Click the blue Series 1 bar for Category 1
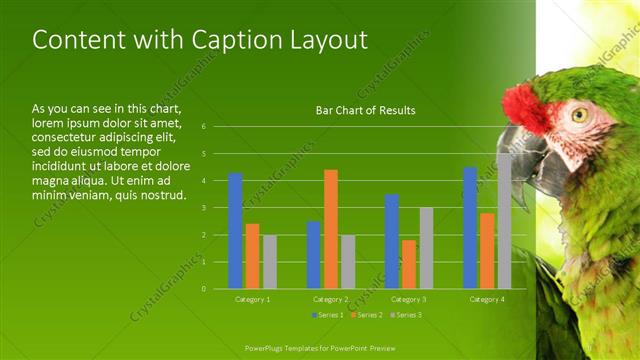click(x=235, y=231)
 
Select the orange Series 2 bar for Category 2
click(x=331, y=229)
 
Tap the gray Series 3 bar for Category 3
click(x=426, y=248)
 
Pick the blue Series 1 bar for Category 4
click(x=470, y=228)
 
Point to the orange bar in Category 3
click(x=409, y=264)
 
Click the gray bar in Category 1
click(x=270, y=262)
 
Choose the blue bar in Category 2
click(x=313, y=255)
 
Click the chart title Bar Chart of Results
click(x=365, y=110)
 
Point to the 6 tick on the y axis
click(x=203, y=127)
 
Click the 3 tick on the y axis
click(x=203, y=208)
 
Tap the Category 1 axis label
click(x=252, y=299)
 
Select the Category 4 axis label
click(x=487, y=299)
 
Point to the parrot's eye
click(x=580, y=115)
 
